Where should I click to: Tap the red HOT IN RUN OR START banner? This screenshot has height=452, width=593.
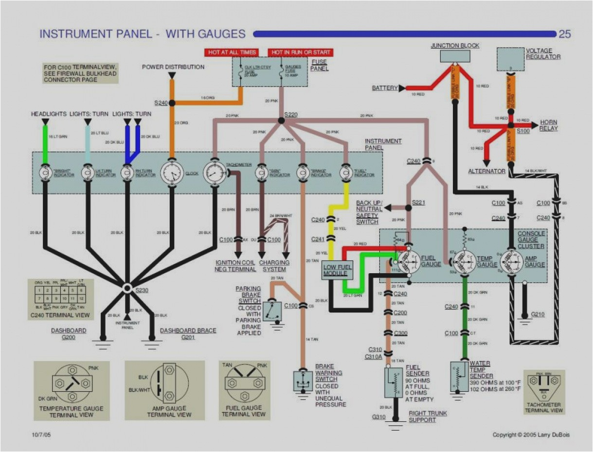(301, 52)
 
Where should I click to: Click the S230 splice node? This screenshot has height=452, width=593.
(127, 288)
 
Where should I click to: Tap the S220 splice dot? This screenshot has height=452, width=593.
(281, 121)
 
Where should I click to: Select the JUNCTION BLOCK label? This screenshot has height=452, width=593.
(455, 46)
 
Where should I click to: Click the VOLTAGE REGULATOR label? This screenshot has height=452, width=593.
(543, 53)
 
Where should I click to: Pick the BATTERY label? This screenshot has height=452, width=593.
(384, 88)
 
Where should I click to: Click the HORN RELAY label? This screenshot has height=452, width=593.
(548, 125)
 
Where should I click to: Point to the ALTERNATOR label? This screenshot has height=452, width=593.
(486, 171)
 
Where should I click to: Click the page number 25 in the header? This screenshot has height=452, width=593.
(564, 34)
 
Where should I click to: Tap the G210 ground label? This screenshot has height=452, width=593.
(538, 314)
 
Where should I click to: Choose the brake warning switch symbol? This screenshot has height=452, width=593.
(303, 380)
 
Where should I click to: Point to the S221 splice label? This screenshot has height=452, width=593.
(418, 202)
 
